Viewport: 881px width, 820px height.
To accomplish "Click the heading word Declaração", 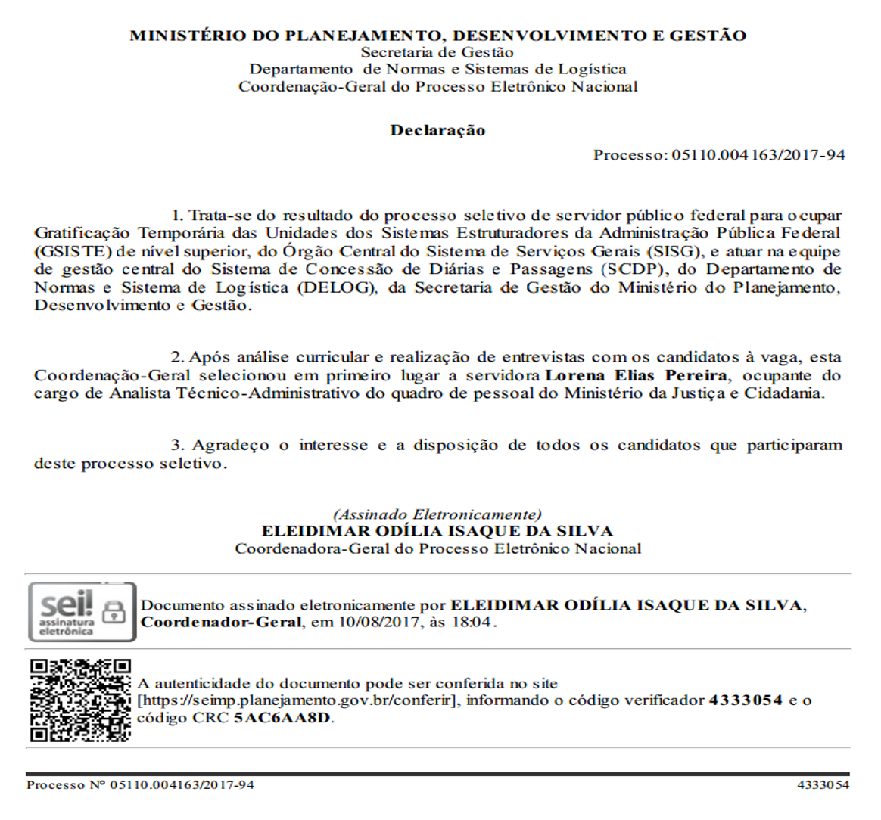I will coord(437,130).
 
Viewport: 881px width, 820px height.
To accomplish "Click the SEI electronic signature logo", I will coord(82,611).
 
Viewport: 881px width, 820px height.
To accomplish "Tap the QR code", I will coord(80,700).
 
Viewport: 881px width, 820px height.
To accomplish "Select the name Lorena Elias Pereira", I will coord(637,375).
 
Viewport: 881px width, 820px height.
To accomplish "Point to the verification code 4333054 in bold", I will coord(745,700).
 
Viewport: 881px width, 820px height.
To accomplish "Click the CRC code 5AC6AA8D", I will coord(282,717).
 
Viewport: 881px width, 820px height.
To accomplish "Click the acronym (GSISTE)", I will coord(73,251).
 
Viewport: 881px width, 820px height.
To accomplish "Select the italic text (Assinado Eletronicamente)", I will coord(437,514).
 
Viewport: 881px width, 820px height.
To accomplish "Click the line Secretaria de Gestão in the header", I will coord(437,52).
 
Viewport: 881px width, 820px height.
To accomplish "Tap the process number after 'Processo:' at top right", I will coord(758,155).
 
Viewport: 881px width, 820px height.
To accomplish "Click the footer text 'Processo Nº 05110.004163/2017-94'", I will coord(140,785).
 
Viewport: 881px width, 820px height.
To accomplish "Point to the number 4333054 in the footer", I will coord(823,785).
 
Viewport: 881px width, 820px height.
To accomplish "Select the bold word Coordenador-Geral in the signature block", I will coord(221,623).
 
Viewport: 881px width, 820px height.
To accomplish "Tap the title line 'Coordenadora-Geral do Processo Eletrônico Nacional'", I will coord(437,548).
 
